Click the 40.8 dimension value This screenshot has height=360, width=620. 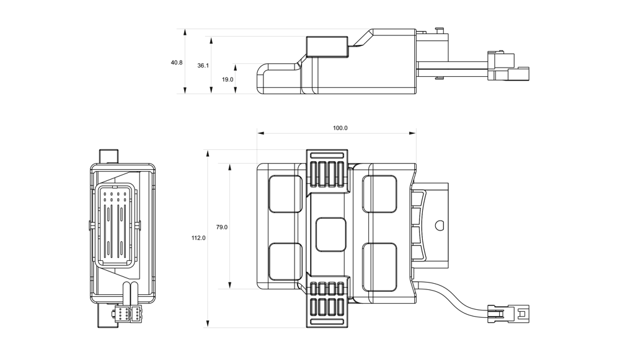[177, 63]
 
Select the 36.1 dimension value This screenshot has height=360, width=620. [203, 65]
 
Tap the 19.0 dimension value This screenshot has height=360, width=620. [228, 79]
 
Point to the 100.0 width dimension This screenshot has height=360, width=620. [340, 128]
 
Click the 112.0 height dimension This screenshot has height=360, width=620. [198, 238]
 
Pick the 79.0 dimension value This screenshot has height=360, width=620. [222, 227]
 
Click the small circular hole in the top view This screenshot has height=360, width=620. [440, 225]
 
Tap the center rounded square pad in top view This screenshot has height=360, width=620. [330, 235]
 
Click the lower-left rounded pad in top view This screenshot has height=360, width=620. [285, 260]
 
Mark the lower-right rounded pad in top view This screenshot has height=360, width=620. [379, 260]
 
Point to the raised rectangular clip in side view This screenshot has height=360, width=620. [327, 46]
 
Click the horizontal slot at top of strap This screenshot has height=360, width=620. [329, 155]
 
